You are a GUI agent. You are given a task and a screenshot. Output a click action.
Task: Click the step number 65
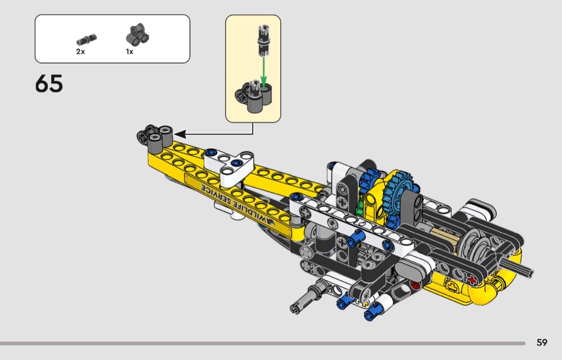click(49, 84)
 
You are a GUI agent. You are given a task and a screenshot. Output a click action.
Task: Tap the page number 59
click(542, 342)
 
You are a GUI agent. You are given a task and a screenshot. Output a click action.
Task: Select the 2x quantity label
click(80, 51)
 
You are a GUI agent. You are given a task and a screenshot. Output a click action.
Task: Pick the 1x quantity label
click(130, 51)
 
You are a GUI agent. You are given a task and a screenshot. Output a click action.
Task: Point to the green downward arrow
click(263, 72)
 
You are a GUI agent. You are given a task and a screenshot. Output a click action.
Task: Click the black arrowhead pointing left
click(180, 134)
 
